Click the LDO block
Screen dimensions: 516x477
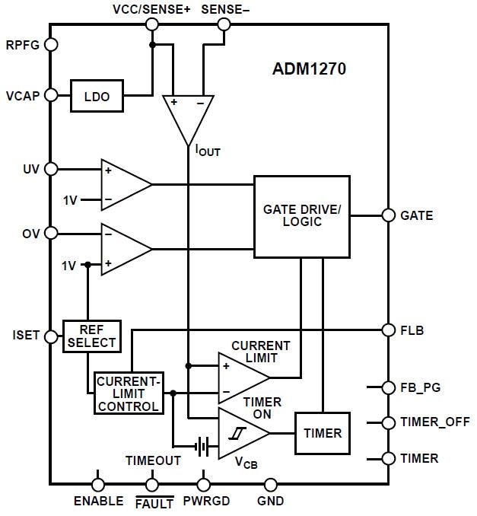coord(96,96)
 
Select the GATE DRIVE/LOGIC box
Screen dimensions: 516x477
coord(301,216)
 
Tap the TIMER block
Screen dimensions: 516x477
coord(323,433)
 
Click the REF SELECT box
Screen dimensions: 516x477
coord(92,336)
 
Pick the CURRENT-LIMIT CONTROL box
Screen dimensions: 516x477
coord(129,393)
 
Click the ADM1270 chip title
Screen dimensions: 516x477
coord(310,69)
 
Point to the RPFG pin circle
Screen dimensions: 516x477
coord(52,44)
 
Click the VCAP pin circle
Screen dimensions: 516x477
coord(52,95)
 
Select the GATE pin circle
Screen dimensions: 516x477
coord(388,215)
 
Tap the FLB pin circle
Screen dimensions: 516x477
coord(388,330)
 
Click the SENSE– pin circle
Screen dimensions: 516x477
coord(224,24)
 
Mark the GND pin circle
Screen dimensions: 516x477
coord(271,483)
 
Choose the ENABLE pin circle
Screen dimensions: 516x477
coord(98,483)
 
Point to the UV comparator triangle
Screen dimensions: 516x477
coord(123,184)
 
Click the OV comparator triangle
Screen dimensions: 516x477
coord(123,249)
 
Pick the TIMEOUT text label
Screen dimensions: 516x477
coord(153,460)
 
